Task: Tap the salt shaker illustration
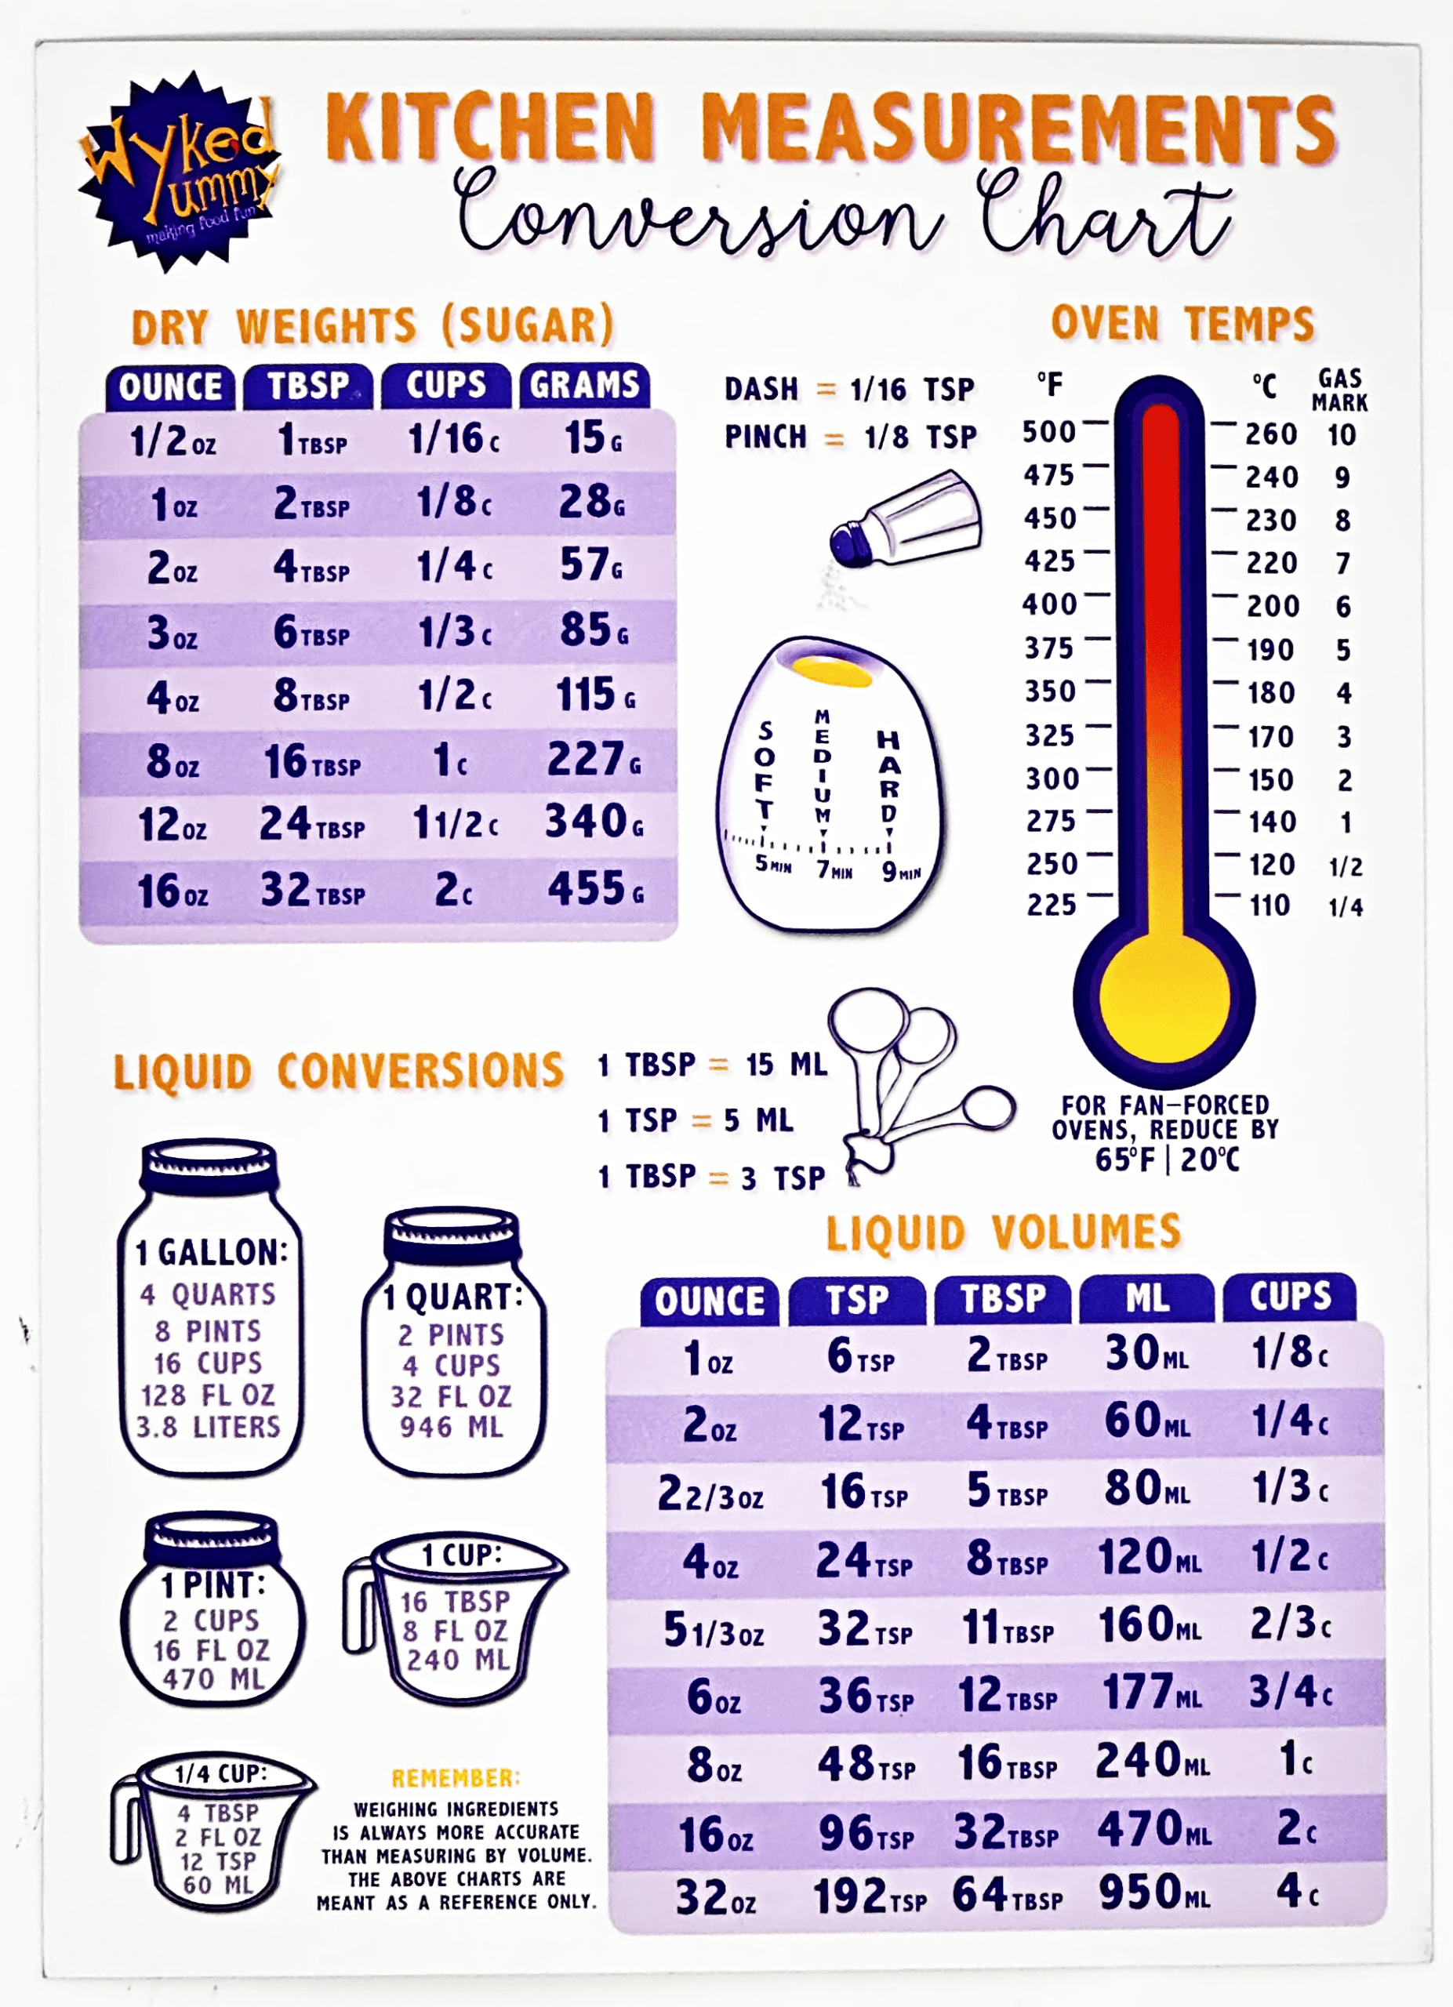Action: [907, 522]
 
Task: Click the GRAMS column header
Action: [584, 386]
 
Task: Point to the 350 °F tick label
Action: [1051, 691]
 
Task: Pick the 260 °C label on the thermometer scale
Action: [1271, 434]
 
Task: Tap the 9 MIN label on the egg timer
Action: [900, 873]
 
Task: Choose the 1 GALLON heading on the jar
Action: [212, 1252]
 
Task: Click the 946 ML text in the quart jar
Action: [452, 1428]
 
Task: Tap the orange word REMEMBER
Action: [456, 1778]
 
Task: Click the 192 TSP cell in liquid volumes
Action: [869, 1896]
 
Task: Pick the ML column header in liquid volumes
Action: [1147, 1298]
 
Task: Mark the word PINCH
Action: [765, 436]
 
